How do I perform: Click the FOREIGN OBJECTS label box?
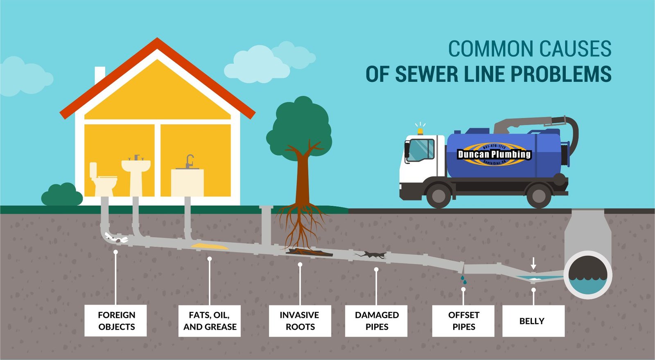tap(115, 321)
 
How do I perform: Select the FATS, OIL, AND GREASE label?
tap(209, 321)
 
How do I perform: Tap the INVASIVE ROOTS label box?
tap(300, 321)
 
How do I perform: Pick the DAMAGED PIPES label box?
tap(376, 321)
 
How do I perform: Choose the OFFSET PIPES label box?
tap(463, 321)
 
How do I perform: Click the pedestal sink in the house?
tap(136, 172)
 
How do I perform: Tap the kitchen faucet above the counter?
tap(189, 161)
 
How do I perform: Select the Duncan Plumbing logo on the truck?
tap(494, 154)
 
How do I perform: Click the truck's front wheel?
tap(438, 195)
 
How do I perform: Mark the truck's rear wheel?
tap(538, 195)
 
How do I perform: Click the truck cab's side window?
tap(422, 150)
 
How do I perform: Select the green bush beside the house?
tap(62, 195)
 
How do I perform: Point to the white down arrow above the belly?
tap(533, 263)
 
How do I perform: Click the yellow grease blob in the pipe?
tap(209, 246)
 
